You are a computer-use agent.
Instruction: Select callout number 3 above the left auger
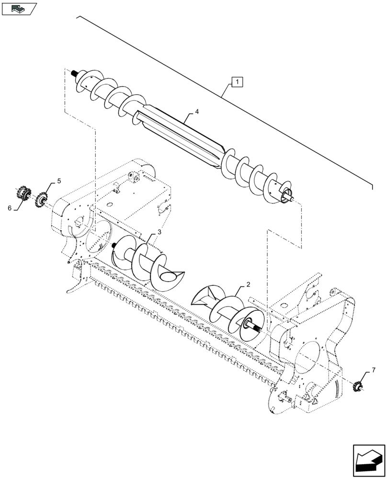[x=159, y=232]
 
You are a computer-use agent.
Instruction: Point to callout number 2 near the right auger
[x=248, y=285]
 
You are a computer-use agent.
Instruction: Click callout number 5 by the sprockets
[x=59, y=181]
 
